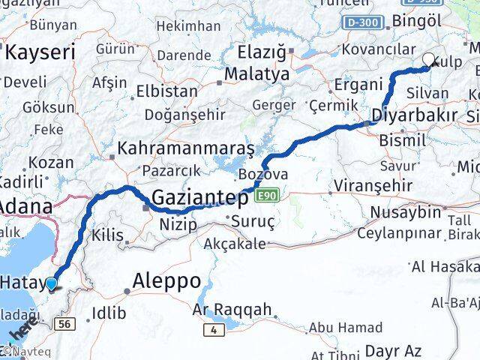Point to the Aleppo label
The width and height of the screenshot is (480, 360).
pyautogui.click(x=166, y=281)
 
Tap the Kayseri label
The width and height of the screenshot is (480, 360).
pyautogui.click(x=40, y=52)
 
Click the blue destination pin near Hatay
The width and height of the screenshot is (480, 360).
pyautogui.click(x=51, y=283)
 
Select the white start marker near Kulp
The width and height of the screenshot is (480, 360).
pyautogui.click(x=429, y=60)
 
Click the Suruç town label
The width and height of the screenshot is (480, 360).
pyautogui.click(x=253, y=222)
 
